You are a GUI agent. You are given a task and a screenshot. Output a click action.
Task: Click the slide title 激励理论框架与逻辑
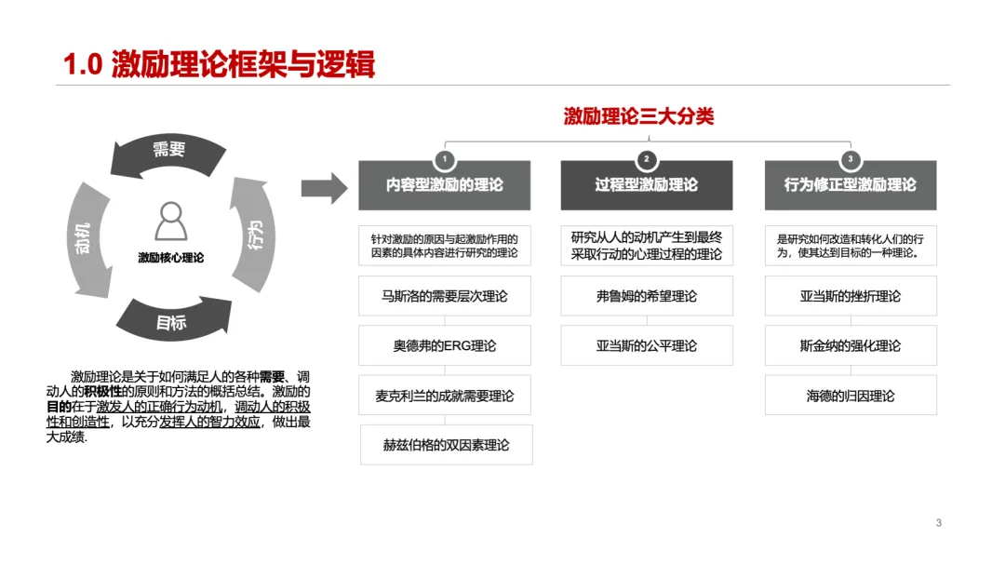pyautogui.click(x=219, y=64)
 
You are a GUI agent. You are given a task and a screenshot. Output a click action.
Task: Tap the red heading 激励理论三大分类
pyautogui.click(x=638, y=116)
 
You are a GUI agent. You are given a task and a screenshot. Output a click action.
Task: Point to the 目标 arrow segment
pyautogui.click(x=171, y=322)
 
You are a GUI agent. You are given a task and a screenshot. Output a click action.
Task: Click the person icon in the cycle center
pyautogui.click(x=170, y=221)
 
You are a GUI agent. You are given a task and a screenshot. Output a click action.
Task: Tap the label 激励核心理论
pyautogui.click(x=170, y=258)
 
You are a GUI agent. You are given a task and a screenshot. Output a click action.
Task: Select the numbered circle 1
pyautogui.click(x=445, y=158)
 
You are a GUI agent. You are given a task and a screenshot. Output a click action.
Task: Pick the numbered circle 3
pyautogui.click(x=850, y=158)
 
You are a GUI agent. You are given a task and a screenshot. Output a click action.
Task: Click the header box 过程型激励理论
pyautogui.click(x=646, y=184)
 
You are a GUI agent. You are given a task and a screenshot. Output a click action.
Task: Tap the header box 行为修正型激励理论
pyautogui.click(x=850, y=184)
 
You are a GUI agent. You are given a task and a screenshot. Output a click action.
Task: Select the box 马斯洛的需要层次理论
pyautogui.click(x=445, y=296)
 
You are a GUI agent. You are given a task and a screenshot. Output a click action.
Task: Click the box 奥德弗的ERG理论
pyautogui.click(x=445, y=345)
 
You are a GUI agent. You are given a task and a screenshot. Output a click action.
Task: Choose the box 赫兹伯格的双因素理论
pyautogui.click(x=446, y=445)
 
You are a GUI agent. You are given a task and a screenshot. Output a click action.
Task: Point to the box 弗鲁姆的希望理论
pyautogui.click(x=646, y=296)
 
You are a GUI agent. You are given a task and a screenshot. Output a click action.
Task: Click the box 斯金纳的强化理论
pyautogui.click(x=850, y=345)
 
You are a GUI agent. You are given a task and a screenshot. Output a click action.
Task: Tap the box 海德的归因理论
pyautogui.click(x=850, y=396)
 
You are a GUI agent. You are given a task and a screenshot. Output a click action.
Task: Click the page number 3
pyautogui.click(x=939, y=523)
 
